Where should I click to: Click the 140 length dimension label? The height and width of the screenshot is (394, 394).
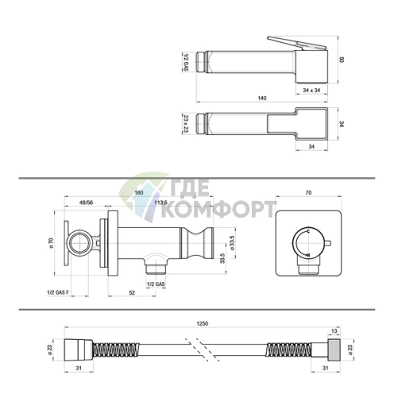click(x=262, y=98)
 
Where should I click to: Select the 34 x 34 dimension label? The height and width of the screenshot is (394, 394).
click(x=311, y=91)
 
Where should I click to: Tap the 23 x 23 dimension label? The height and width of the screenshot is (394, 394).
click(x=186, y=123)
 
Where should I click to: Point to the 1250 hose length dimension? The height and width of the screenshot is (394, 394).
click(x=202, y=323)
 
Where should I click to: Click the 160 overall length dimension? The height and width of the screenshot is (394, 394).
click(x=139, y=192)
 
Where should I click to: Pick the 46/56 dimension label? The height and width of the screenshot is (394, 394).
click(x=87, y=203)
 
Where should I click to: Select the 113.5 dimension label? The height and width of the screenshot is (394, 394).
click(x=160, y=203)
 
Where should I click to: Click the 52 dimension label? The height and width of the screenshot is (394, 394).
click(x=132, y=292)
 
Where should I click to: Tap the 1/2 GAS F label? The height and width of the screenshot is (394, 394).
click(x=58, y=292)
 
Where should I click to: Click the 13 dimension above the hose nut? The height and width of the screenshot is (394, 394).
click(x=334, y=331)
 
